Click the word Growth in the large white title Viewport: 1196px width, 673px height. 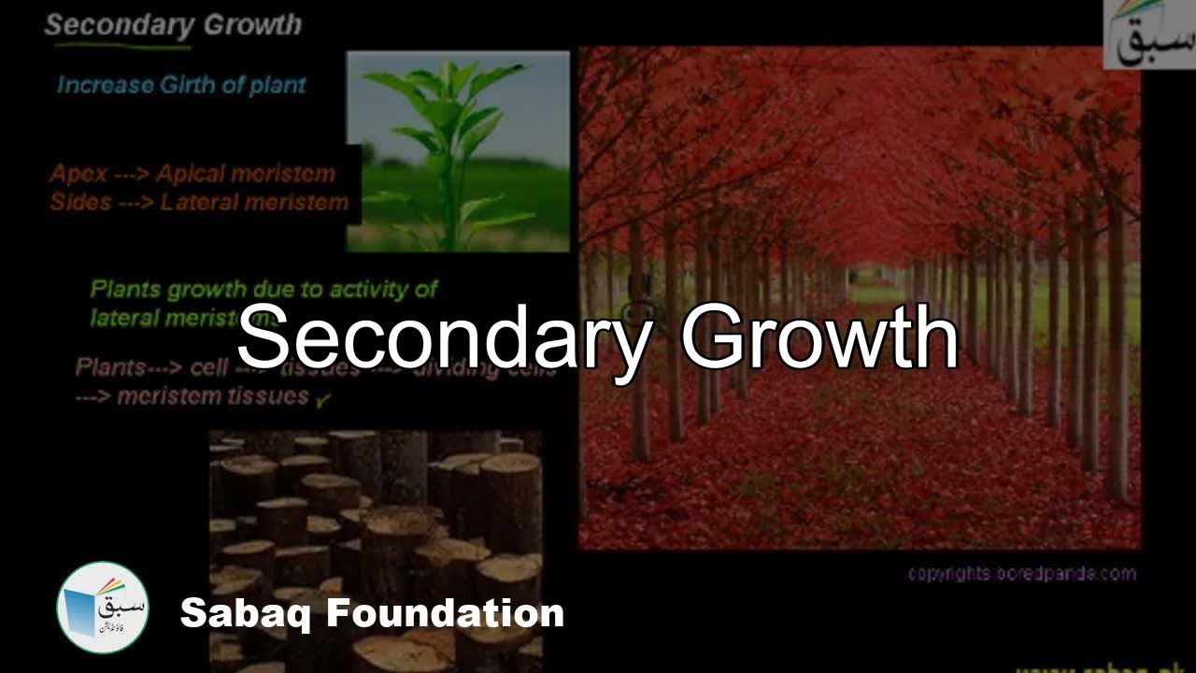click(819, 336)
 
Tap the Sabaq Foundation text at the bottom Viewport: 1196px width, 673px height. click(372, 614)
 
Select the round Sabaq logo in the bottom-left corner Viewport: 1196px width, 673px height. click(103, 608)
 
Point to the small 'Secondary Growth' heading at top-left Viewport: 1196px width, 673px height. click(173, 25)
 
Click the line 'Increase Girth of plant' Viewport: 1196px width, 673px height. click(181, 85)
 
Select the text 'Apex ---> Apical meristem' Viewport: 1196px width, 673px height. click(192, 174)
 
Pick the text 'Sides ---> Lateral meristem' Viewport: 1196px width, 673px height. click(199, 202)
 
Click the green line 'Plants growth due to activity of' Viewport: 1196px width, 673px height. click(264, 289)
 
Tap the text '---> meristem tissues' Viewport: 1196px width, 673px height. click(192, 395)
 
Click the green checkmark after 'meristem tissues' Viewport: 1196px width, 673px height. click(323, 400)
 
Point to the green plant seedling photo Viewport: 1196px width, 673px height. click(458, 151)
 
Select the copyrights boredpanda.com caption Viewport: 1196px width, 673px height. click(1022, 573)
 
